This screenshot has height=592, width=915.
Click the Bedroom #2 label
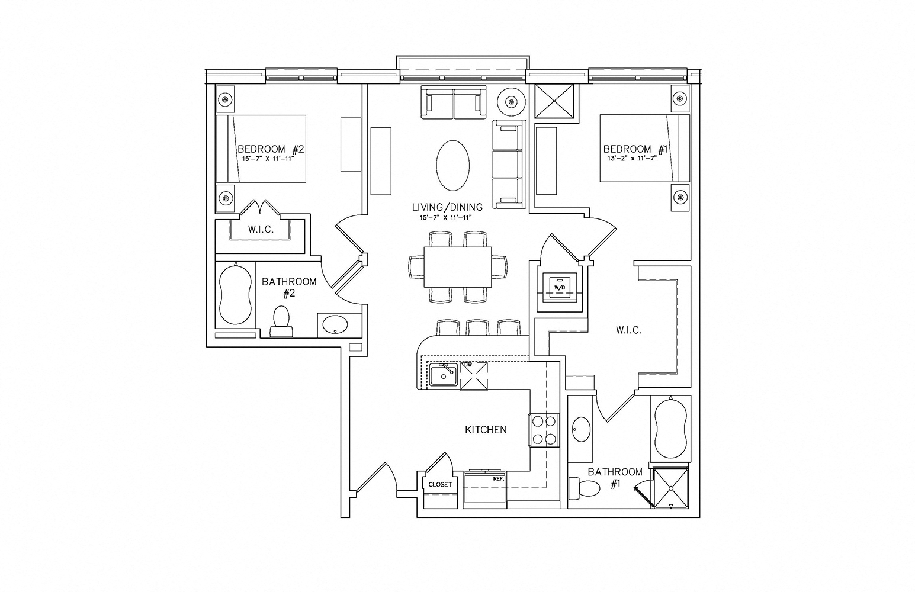271,149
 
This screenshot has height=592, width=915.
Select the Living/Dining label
447,207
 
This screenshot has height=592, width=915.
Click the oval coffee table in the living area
452,165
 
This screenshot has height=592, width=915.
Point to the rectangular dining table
457,267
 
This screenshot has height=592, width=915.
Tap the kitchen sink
443,375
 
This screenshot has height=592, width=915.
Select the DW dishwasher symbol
474,376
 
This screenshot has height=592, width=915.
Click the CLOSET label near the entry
440,485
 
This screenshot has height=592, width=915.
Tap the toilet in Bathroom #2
281,321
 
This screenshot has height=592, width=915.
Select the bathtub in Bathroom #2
235,294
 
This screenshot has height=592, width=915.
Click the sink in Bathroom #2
335,325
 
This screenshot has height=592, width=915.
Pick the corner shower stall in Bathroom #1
670,487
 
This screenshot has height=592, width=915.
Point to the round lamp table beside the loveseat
511,102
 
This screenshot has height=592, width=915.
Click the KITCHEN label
486,430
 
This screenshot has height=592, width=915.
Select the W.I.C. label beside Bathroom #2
261,230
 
